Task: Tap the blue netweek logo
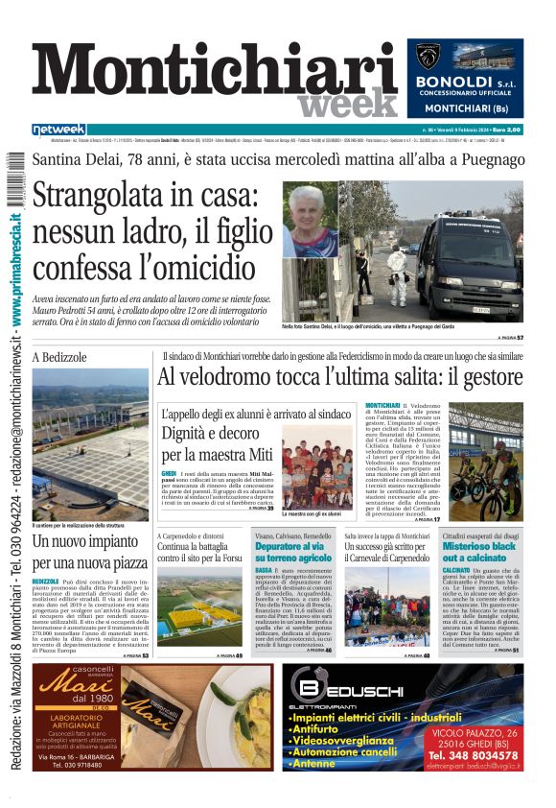(58, 130)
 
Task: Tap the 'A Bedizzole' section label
(59, 357)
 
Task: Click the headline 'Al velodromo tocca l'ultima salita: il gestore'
(340, 378)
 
